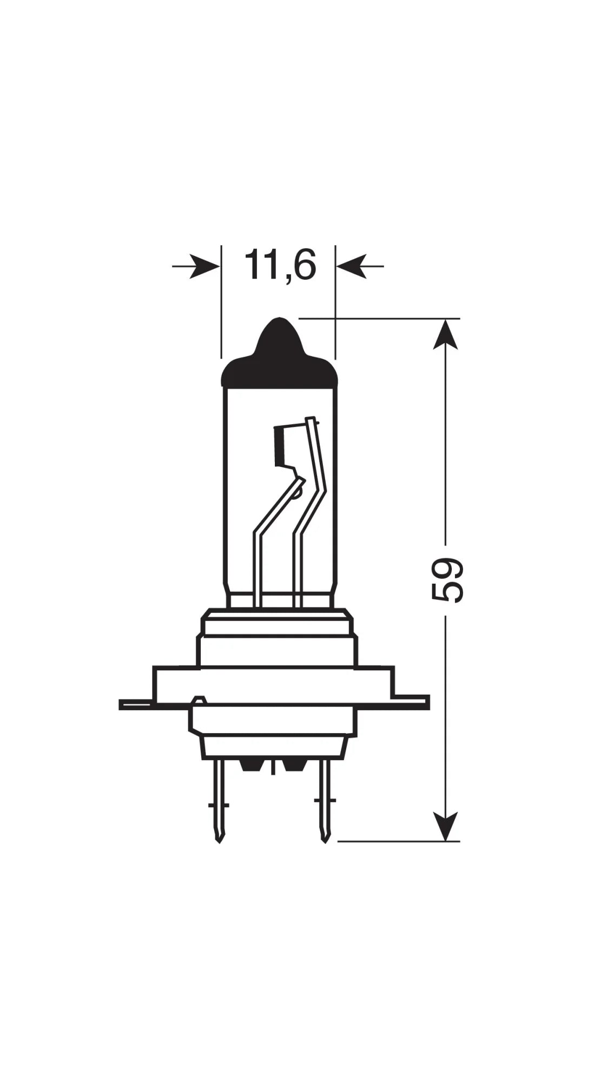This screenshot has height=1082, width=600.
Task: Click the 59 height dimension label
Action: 447,580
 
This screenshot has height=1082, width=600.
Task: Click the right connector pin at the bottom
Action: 325,801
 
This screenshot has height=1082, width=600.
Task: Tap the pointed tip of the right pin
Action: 325,855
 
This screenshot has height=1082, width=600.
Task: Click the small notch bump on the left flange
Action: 199,700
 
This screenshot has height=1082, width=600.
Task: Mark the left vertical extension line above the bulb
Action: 221,303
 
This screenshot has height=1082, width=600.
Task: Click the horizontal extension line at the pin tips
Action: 398,856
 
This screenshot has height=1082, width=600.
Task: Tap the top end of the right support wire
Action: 310,419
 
